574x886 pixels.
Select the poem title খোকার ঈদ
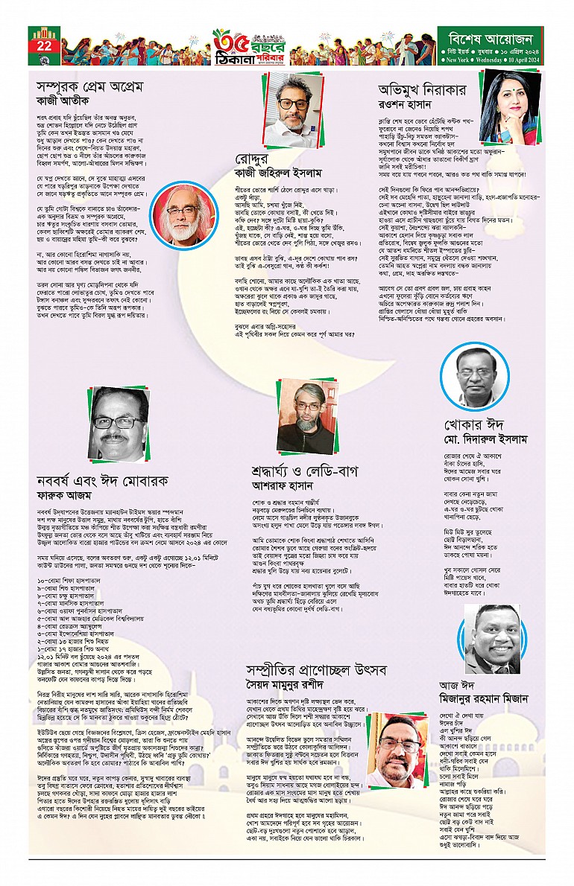click(469, 430)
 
